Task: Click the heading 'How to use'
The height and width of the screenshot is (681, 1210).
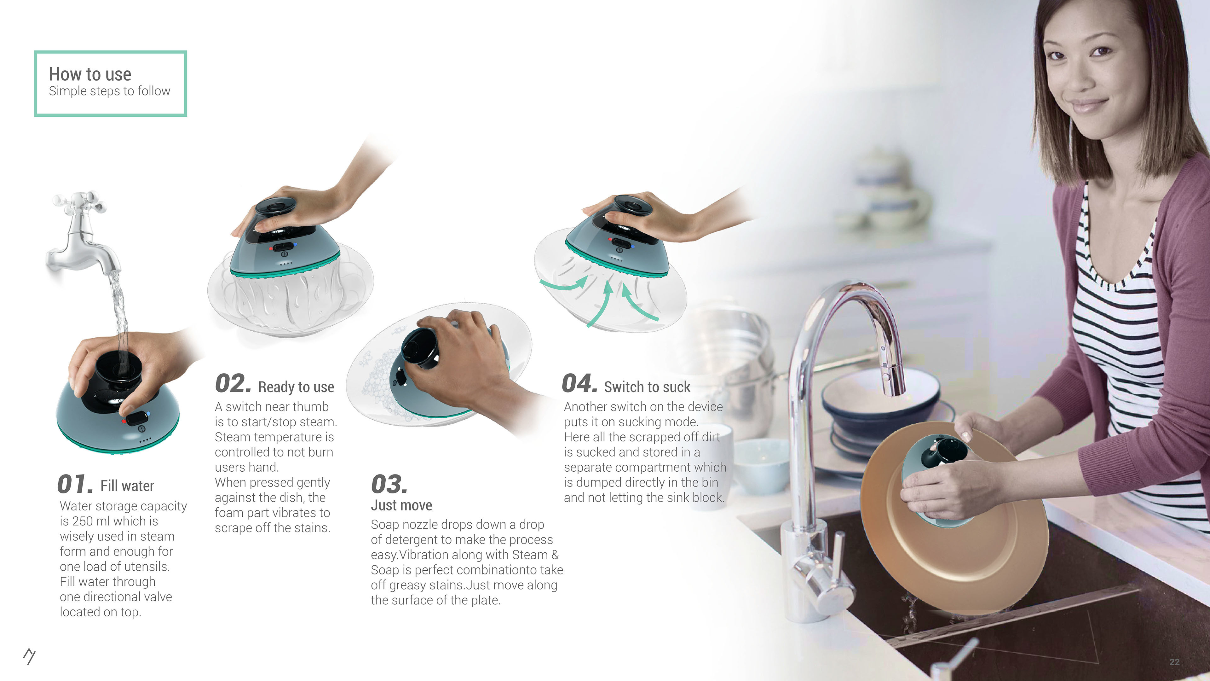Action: [90, 74]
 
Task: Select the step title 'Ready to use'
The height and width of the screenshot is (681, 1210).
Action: [296, 387]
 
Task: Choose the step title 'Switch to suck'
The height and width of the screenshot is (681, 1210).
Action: [647, 387]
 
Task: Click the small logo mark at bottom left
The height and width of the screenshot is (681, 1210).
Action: [29, 656]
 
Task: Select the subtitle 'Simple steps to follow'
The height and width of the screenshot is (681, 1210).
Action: [109, 91]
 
